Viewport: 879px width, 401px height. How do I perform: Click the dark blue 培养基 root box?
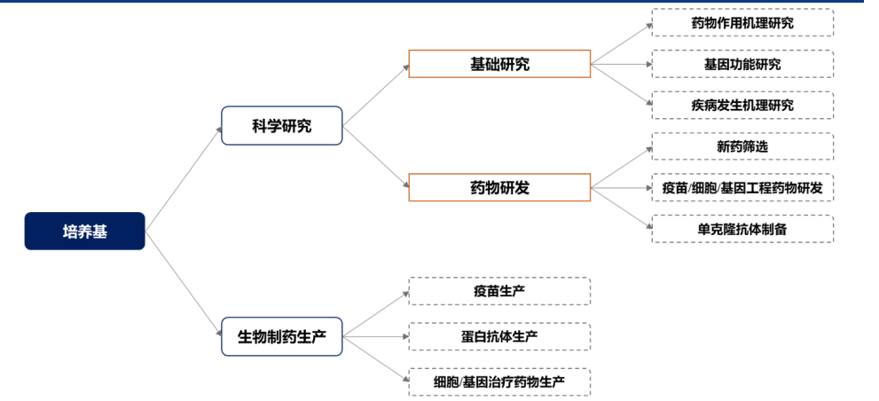click(x=84, y=232)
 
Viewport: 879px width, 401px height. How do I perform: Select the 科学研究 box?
click(x=281, y=126)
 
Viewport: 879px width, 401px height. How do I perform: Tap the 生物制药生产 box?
click(x=281, y=337)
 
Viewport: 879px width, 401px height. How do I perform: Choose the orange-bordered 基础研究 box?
click(x=499, y=64)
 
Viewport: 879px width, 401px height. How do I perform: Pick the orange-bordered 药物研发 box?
click(x=499, y=187)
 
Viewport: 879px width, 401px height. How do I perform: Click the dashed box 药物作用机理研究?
click(x=742, y=23)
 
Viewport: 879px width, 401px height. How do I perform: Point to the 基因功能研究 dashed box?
click(x=742, y=64)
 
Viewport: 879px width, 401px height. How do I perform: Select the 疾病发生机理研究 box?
click(x=742, y=105)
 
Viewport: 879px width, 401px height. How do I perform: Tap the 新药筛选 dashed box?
click(x=742, y=146)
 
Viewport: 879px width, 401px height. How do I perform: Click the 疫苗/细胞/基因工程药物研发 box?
click(x=742, y=187)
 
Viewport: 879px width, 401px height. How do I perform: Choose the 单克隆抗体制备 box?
click(x=742, y=229)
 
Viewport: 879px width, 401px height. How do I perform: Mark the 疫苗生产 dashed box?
click(x=499, y=291)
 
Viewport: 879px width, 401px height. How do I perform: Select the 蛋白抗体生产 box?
click(x=499, y=337)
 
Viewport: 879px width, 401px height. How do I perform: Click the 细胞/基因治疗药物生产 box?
click(x=499, y=382)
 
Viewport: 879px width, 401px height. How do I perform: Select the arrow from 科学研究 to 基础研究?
click(x=375, y=95)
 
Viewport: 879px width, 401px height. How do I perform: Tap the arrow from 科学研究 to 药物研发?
click(x=375, y=156)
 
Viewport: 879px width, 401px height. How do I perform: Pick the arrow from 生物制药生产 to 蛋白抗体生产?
click(x=375, y=337)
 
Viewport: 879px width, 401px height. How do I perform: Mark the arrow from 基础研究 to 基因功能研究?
click(x=621, y=64)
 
